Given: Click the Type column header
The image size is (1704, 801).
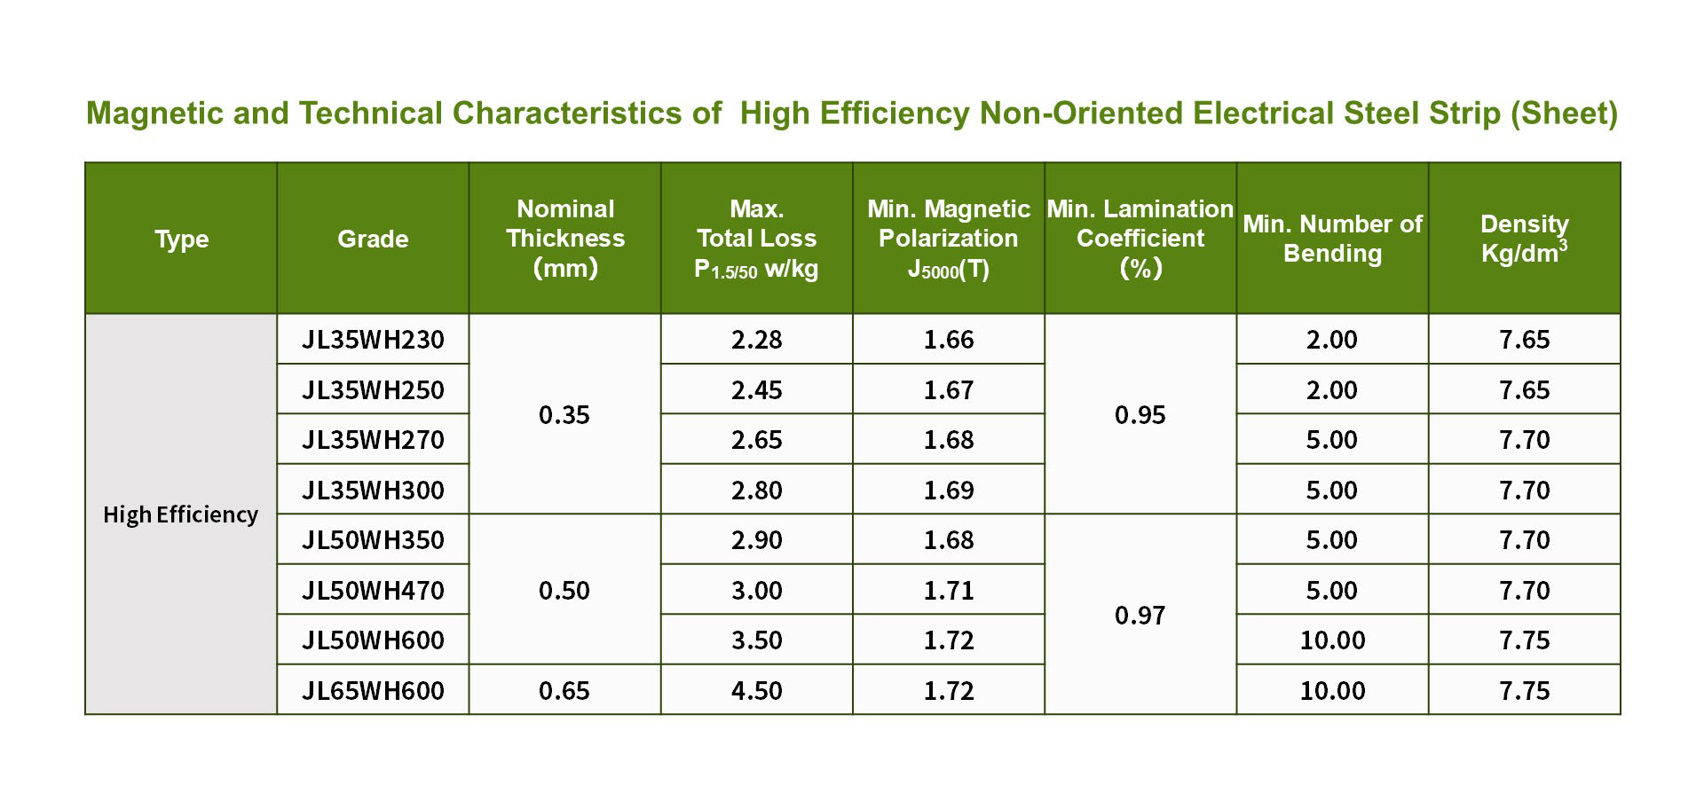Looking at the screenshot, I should coord(181,239).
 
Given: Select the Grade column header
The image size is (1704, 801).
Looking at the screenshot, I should coord(373,239).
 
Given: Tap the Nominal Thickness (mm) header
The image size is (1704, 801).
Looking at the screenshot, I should coord(565,238).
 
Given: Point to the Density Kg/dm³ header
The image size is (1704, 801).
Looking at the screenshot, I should coord(1524,238).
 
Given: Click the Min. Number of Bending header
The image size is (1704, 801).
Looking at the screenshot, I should coord(1332,238).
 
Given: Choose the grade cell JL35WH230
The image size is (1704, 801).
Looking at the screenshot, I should coord(373,340).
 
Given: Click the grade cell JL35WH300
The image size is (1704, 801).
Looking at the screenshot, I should coord(373,490).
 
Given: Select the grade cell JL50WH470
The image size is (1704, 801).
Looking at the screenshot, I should coord(373,590).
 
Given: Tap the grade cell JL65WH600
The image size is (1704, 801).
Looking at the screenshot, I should coord(373,690).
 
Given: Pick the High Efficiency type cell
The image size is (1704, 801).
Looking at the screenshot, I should coord(181,514).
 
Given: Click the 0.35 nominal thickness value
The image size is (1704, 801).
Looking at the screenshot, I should coord(564,414).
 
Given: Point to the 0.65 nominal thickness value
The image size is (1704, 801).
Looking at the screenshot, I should coord(564,690).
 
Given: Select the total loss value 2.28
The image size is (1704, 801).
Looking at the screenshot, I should coord(757,340).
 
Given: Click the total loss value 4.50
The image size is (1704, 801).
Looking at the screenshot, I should coord(757,690).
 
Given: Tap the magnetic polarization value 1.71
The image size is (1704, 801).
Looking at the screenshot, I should coord(949,590).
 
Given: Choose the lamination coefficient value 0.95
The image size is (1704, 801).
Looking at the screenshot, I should coord(1140,414).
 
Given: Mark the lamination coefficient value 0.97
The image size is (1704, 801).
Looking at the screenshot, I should coord(1140,615).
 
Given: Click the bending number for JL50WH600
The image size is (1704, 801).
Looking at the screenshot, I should coord(1332,640).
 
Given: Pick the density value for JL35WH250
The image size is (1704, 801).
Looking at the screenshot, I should coord(1524,390).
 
